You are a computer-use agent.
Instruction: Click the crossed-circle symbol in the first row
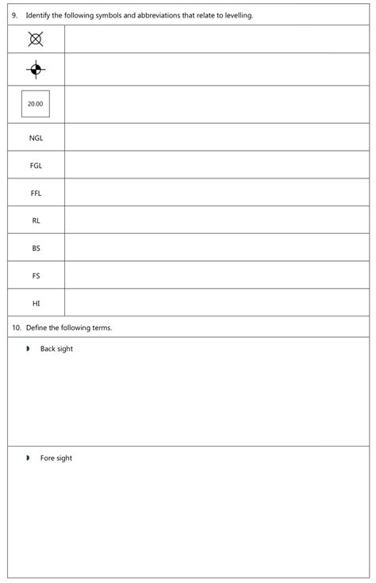pyautogui.click(x=36, y=38)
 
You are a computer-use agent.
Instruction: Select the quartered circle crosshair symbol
pyautogui.click(x=36, y=70)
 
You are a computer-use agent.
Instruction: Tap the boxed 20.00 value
pyautogui.click(x=36, y=104)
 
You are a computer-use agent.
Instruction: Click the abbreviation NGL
pyautogui.click(x=36, y=138)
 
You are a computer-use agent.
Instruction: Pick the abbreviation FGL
pyautogui.click(x=36, y=166)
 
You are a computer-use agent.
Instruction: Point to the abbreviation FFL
pyautogui.click(x=36, y=193)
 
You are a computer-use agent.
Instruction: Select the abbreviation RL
pyautogui.click(x=36, y=221)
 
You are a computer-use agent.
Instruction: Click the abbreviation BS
pyautogui.click(x=36, y=248)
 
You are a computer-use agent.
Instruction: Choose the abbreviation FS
pyautogui.click(x=36, y=276)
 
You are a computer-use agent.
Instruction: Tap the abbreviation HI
pyautogui.click(x=36, y=303)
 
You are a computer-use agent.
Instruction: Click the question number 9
pyautogui.click(x=14, y=15)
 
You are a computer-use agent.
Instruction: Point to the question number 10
pyautogui.click(x=16, y=328)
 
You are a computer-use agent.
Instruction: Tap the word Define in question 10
pyautogui.click(x=36, y=328)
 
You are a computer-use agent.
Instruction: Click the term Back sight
pyautogui.click(x=56, y=349)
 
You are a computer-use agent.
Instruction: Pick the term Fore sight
pyautogui.click(x=56, y=458)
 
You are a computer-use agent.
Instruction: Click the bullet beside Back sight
pyautogui.click(x=28, y=349)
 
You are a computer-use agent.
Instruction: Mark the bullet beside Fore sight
pyautogui.click(x=28, y=458)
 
